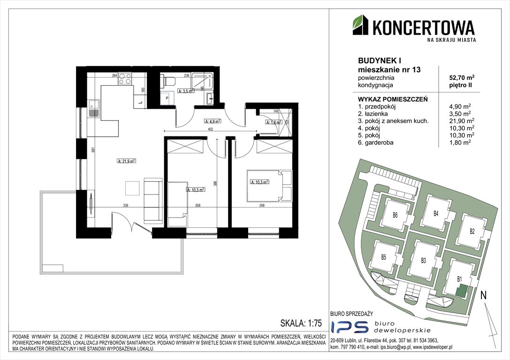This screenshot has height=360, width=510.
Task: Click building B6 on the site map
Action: [x=395, y=216]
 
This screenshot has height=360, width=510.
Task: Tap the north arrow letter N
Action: [x=483, y=295]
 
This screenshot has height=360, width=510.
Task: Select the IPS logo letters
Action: [x=346, y=327]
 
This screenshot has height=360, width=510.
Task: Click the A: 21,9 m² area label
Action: [x=126, y=161]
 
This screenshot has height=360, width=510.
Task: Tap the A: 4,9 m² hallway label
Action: [x=212, y=120]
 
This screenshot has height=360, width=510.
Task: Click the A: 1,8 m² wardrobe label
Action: [x=274, y=122]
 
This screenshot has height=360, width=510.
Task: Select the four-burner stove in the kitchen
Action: [x=125, y=79]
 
